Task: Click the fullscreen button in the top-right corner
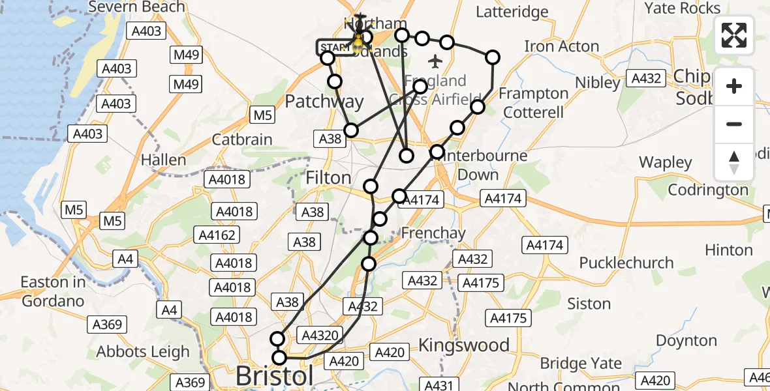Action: point(734,35)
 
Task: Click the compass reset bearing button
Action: point(734,162)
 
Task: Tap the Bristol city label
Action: point(274,376)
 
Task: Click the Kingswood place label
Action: point(464,345)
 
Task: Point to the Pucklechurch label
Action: point(626,263)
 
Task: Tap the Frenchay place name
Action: point(433,233)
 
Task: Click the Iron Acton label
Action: point(561,46)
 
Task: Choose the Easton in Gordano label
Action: point(53,291)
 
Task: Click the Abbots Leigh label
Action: point(143,351)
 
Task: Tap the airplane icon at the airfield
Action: point(435,62)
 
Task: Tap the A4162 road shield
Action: point(218,235)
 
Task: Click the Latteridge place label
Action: point(512,12)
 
